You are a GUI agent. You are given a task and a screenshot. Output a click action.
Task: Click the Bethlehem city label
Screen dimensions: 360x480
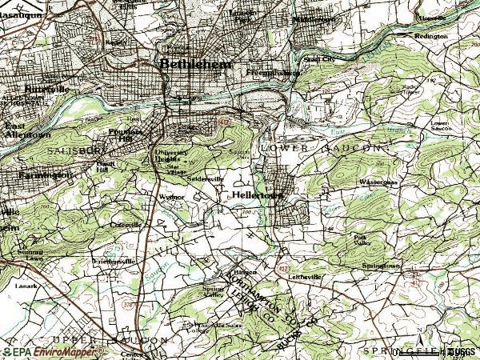(x=195, y=65)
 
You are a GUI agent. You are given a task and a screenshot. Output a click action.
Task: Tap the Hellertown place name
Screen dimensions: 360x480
(x=255, y=194)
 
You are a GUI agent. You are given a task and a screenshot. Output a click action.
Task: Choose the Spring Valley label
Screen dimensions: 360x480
(x=214, y=291)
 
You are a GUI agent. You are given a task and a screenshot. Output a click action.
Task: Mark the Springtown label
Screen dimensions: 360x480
(x=379, y=265)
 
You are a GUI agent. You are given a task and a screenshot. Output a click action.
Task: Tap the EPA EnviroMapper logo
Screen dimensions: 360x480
(x=54, y=351)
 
